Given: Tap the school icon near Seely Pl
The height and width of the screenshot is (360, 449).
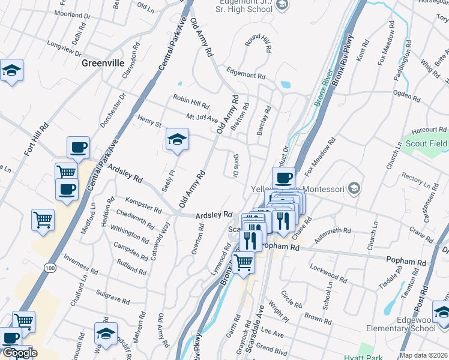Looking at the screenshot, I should click(x=177, y=140).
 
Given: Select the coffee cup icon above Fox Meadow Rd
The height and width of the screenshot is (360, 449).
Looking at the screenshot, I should click(x=283, y=178).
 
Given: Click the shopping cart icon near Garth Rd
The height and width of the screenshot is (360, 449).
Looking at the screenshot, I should click(x=243, y=262).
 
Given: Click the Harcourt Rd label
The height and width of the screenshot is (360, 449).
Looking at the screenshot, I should click(x=430, y=129).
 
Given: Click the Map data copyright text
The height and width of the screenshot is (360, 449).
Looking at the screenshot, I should click(x=424, y=355).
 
